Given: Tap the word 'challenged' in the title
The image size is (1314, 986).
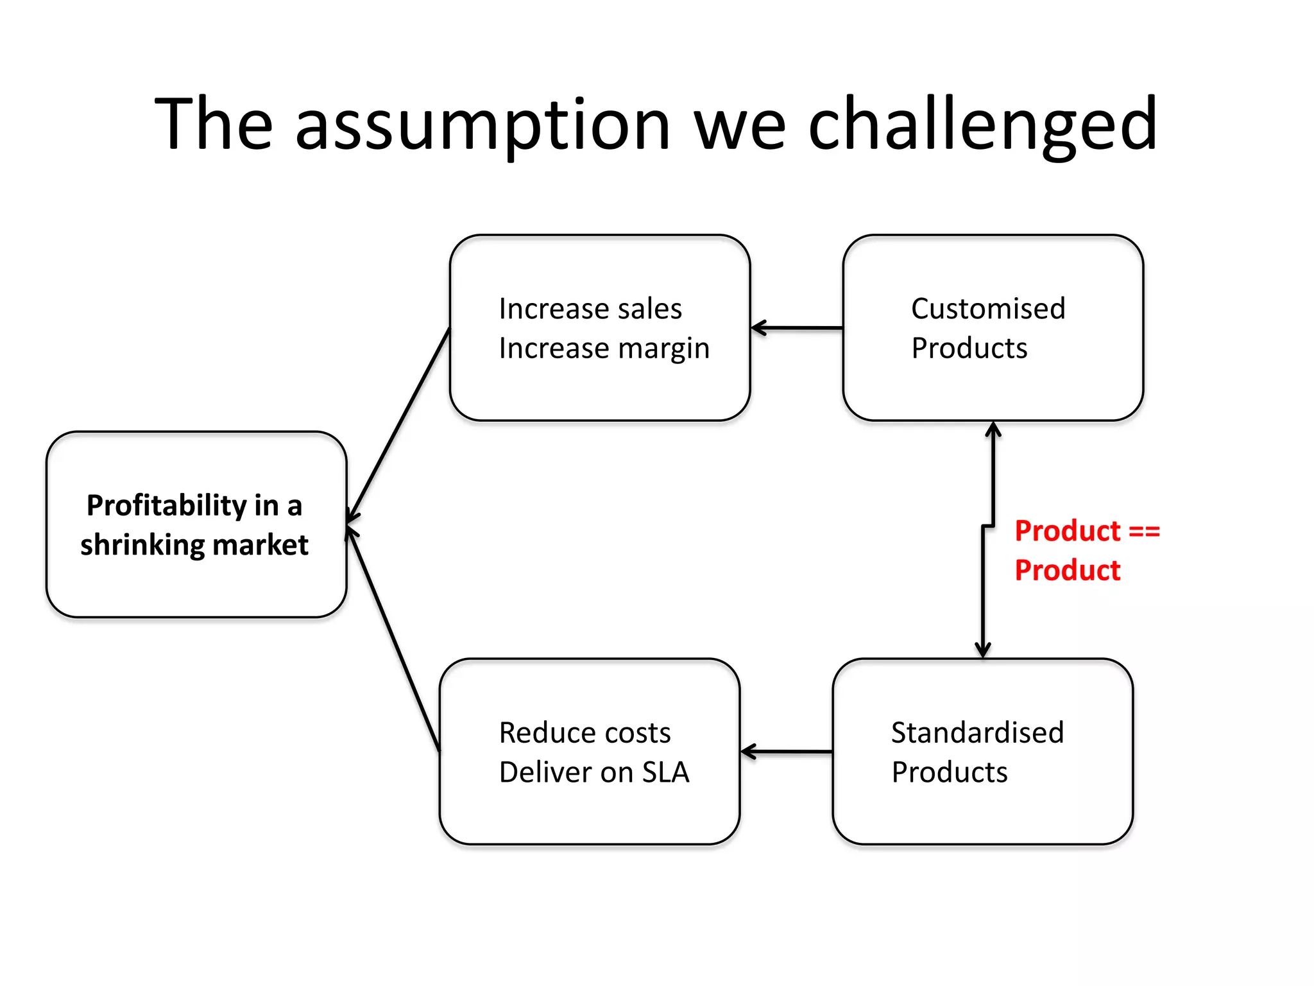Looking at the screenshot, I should click(x=982, y=125).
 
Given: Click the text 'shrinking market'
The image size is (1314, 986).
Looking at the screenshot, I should click(x=194, y=546).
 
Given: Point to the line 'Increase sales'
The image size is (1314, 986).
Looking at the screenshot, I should click(x=590, y=309).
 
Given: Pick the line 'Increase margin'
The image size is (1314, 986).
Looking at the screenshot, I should click(x=604, y=349).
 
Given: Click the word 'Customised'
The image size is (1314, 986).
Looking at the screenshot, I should click(x=988, y=309).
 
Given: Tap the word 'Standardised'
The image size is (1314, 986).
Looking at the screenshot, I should click(x=977, y=733).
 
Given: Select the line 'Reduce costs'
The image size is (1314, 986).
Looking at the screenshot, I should click(x=584, y=733).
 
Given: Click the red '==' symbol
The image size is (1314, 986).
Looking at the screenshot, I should click(x=1144, y=532).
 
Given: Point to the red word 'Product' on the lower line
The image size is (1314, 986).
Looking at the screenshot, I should click(x=1068, y=571).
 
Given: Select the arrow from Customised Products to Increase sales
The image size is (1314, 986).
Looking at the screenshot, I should click(x=797, y=328).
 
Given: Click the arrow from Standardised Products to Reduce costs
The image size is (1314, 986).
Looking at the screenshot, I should click(x=787, y=752).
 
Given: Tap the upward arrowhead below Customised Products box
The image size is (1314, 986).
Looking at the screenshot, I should click(x=993, y=429).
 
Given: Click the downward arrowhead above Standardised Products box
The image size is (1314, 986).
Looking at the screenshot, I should click(x=983, y=650).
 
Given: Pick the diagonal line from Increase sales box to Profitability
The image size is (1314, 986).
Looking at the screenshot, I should click(x=399, y=424).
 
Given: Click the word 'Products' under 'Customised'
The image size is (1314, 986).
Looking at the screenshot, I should click(x=969, y=349).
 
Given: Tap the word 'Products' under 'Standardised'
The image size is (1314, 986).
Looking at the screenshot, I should click(x=950, y=772).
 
